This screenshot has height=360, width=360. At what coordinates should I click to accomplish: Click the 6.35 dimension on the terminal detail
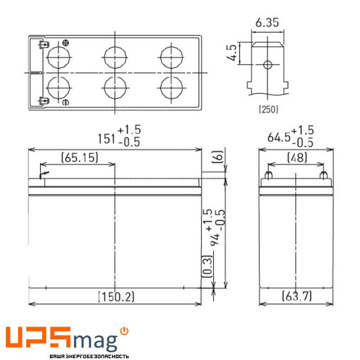[267, 22]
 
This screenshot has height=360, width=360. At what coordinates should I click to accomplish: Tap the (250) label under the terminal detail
[269, 109]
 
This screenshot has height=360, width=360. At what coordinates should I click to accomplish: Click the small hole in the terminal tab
[267, 65]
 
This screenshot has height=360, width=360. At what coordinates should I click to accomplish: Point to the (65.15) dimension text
[79, 157]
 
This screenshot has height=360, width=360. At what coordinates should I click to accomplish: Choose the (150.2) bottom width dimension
[116, 297]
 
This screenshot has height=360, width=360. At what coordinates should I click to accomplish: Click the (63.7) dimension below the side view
[297, 297]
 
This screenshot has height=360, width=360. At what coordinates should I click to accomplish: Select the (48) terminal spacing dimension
[296, 157]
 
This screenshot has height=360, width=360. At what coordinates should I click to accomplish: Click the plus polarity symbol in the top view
[66, 43]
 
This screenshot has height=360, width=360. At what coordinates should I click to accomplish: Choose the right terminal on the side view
[322, 176]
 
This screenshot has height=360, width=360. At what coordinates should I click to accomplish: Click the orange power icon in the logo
[125, 331]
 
